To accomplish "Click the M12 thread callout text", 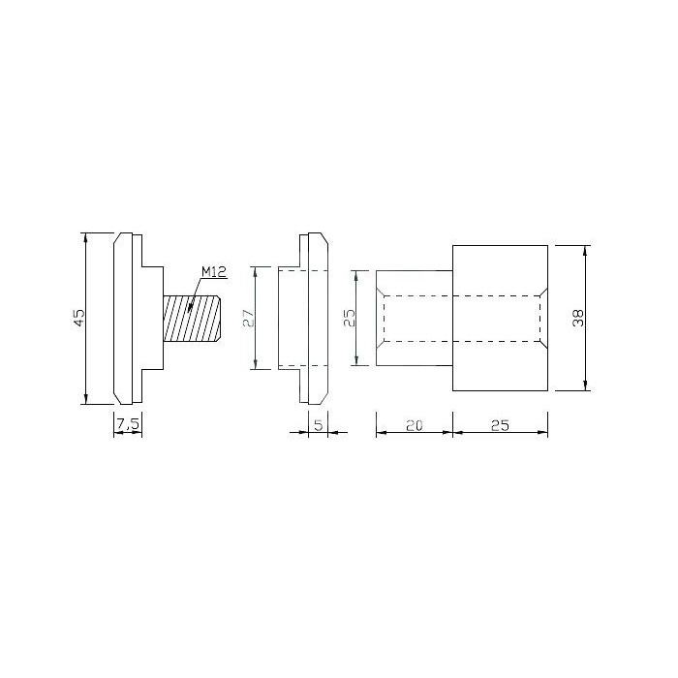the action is click(x=214, y=272).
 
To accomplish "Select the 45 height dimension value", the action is click(x=79, y=318).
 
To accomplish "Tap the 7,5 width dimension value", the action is click(x=128, y=424).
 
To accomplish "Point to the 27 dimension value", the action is click(x=249, y=318).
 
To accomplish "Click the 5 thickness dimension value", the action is click(x=319, y=425).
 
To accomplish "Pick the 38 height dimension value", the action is click(x=578, y=318).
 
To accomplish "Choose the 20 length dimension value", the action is click(x=415, y=425).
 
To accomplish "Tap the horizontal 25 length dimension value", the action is click(x=501, y=425).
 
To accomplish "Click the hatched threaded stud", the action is click(x=193, y=318).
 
